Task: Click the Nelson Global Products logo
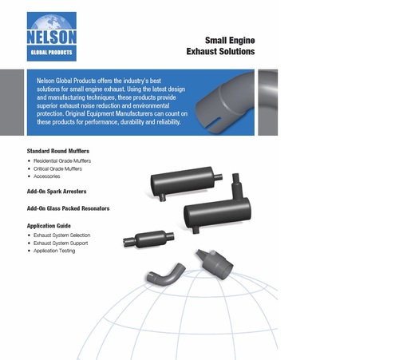52,37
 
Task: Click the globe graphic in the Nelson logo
52,22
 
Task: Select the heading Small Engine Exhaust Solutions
220,45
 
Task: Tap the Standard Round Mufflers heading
58,151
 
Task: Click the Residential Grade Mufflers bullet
62,160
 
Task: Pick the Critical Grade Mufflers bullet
57,168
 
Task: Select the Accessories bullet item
46,176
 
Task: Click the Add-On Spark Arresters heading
57,192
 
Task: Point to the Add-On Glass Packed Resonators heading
68,208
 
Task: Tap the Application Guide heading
49,226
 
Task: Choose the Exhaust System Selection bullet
61,235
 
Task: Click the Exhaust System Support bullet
61,243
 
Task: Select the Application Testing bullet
54,251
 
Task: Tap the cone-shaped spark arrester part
215,263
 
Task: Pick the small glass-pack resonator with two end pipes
148,239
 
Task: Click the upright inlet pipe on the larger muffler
236,186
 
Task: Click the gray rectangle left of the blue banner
12,102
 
